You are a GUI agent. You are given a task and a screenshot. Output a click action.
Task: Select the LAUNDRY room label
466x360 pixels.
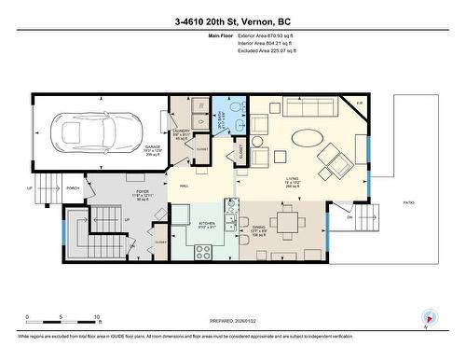[x=182, y=132]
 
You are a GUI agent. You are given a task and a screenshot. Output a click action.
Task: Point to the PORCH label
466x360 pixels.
[x=72, y=187]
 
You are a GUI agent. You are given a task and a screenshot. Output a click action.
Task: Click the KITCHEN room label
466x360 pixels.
[x=207, y=224]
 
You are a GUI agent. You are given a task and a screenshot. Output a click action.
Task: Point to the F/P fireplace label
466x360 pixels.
[x=359, y=104]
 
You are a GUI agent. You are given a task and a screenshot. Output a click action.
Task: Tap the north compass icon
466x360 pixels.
[x=428, y=319]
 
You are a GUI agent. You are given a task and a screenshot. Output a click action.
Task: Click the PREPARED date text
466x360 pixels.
[x=232, y=321]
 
